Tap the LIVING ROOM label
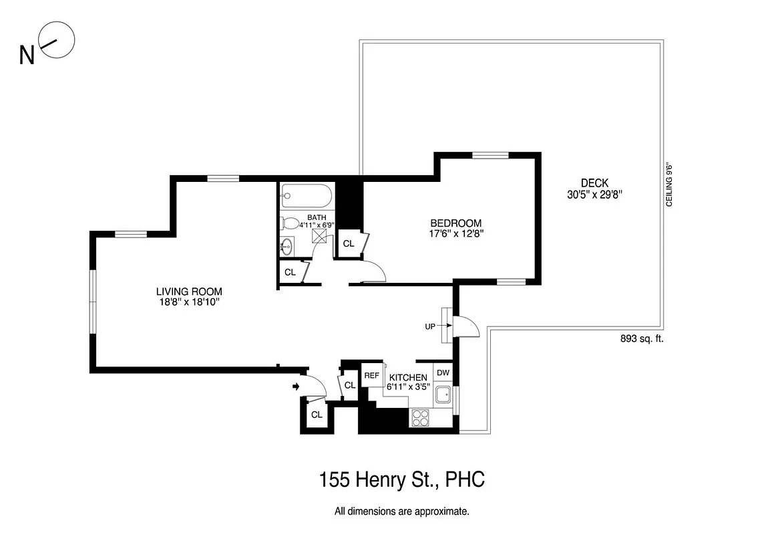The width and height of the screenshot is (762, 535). click(x=189, y=292)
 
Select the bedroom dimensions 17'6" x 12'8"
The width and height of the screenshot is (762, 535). click(x=456, y=234)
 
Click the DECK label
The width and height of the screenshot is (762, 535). click(x=594, y=183)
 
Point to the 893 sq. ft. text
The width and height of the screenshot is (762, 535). click(x=642, y=339)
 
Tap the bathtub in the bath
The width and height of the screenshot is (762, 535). click(x=306, y=197)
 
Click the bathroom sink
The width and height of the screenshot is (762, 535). click(x=287, y=246)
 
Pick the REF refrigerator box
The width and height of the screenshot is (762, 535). click(x=371, y=376)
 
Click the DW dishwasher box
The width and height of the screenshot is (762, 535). click(x=443, y=372)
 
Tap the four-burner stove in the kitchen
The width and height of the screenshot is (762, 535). click(x=421, y=417)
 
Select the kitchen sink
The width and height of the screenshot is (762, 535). click(x=443, y=395)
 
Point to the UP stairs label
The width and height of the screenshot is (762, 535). click(x=431, y=326)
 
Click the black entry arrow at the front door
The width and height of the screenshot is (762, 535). click(x=295, y=386)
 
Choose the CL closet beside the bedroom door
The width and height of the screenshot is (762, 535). click(x=349, y=243)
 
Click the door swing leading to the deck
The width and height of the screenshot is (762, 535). click(x=467, y=326)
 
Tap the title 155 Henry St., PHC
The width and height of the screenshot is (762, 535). click(x=401, y=480)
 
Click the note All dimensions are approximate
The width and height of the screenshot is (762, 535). click(x=401, y=512)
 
